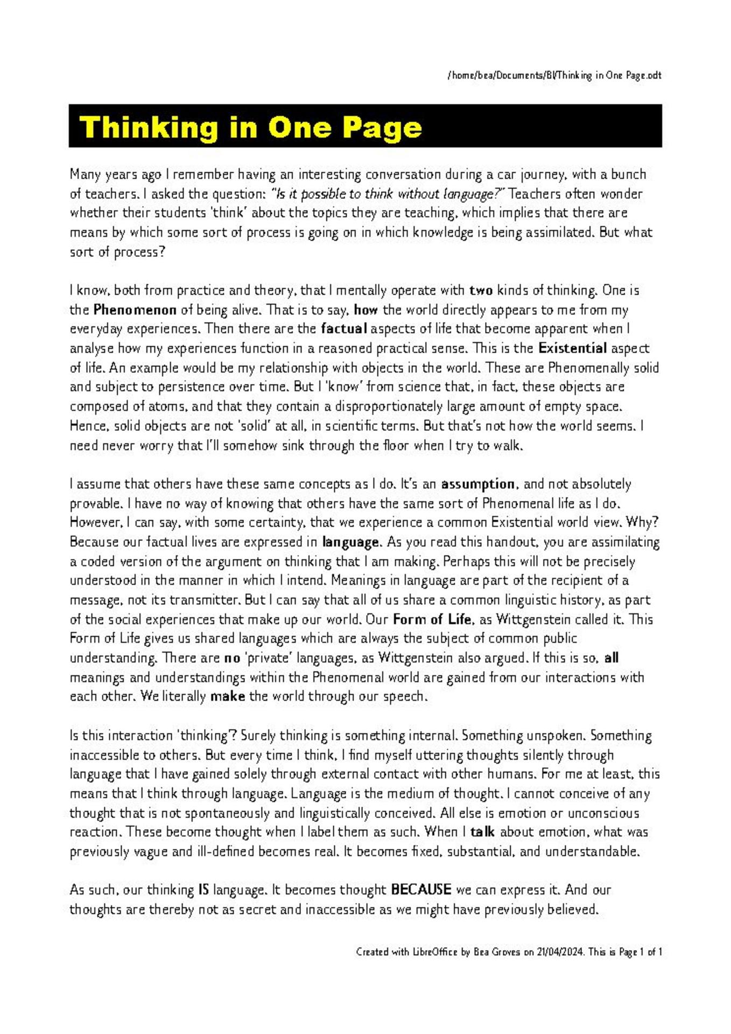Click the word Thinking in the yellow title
tap(150, 128)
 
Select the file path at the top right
tap(554, 75)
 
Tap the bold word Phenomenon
tap(135, 310)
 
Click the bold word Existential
tap(572, 348)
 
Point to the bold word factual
tap(343, 329)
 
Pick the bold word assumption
tap(477, 484)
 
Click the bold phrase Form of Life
tap(432, 619)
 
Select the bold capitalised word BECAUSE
tap(420, 890)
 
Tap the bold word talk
tap(482, 832)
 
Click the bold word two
tap(481, 290)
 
